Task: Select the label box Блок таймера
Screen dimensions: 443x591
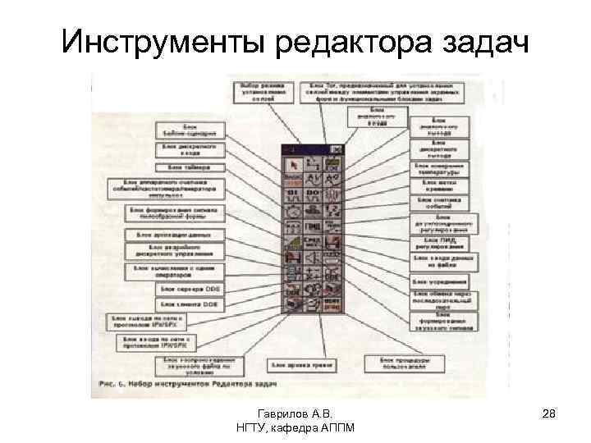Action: click(186, 167)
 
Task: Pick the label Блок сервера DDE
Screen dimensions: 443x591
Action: click(188, 288)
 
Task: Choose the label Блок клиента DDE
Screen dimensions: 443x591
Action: click(188, 304)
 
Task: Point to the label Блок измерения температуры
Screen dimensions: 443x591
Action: click(440, 169)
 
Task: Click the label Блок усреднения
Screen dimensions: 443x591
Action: click(440, 281)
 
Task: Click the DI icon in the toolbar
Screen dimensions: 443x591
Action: click(293, 194)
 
